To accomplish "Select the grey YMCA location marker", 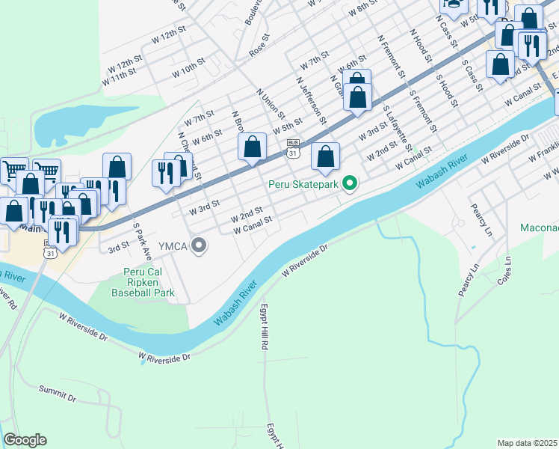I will [x=198, y=245].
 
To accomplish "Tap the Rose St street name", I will [x=259, y=49].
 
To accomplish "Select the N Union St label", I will [x=270, y=103].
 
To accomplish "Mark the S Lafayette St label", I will [x=398, y=128].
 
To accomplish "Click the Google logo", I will [x=25, y=440].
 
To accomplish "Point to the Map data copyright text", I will [x=527, y=443].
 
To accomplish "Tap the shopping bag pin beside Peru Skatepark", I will [x=325, y=157].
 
